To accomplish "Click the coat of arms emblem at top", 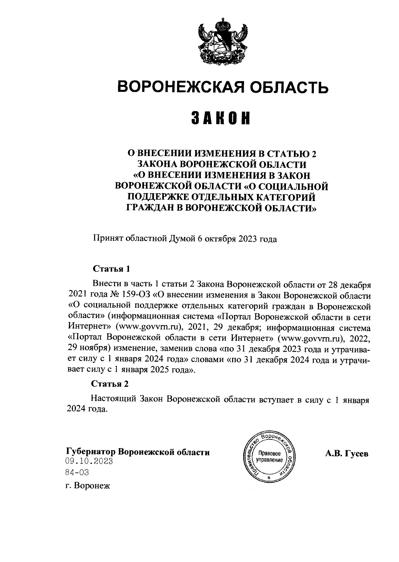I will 221,42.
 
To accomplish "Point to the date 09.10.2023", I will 89,462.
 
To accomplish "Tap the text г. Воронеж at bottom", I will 88,486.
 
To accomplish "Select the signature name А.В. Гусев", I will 346,454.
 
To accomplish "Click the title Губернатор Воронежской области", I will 138,453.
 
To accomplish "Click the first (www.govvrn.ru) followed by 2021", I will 150,328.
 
